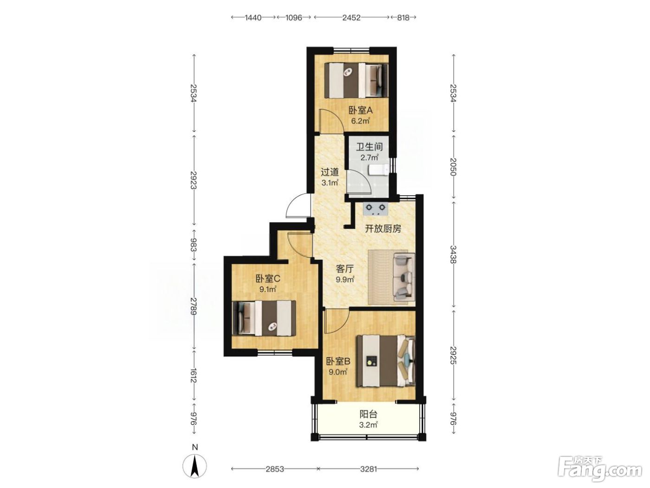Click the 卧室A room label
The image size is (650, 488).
[x=360, y=111]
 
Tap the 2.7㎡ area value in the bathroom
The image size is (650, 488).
[x=369, y=158]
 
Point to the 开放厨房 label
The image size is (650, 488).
[x=383, y=229]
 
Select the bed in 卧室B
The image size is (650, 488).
[x=386, y=360]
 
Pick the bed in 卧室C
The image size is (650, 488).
[x=264, y=318]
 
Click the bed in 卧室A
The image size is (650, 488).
[x=356, y=80]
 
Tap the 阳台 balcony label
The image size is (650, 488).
[x=368, y=414]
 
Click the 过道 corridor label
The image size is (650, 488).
[x=330, y=172]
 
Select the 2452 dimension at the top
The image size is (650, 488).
[x=351, y=18]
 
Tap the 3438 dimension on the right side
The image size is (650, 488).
[x=453, y=254]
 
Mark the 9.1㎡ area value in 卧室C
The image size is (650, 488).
[x=268, y=289]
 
